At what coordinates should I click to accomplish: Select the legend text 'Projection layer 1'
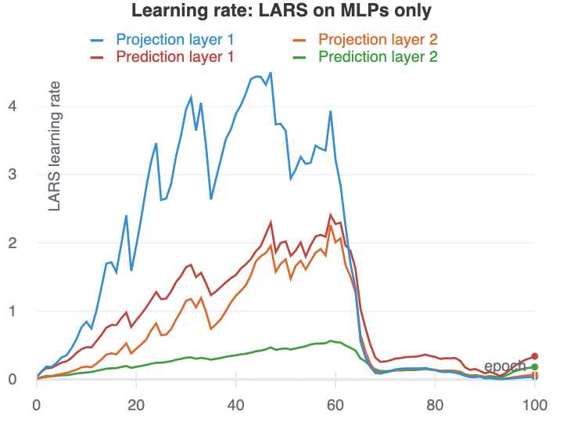click(174, 39)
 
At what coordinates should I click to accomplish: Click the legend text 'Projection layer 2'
click(377, 39)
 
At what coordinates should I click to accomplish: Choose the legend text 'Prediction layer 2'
click(377, 56)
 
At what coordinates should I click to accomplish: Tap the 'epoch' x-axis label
click(505, 366)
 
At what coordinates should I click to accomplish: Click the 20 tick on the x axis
click(136, 406)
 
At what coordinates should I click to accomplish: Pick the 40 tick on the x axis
click(236, 406)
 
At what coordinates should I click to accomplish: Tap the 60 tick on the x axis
click(335, 406)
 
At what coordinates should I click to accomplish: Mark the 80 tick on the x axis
click(435, 406)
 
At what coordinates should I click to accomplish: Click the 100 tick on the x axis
click(535, 406)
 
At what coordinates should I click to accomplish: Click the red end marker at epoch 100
click(535, 356)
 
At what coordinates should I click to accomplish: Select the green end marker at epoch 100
click(535, 366)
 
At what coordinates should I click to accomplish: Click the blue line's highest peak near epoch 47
click(271, 73)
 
